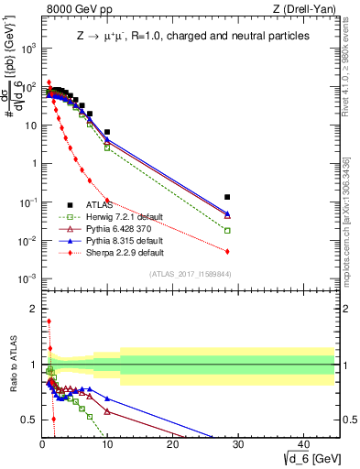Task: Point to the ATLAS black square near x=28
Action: coord(227,197)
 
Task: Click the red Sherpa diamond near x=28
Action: coord(227,251)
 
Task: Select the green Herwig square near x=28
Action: coord(227,231)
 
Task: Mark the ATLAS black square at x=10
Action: coord(107,132)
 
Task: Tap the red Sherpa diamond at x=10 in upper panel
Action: coord(107,200)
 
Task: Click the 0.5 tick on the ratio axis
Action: coord(32,420)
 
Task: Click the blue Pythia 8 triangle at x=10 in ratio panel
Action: coord(107,398)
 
